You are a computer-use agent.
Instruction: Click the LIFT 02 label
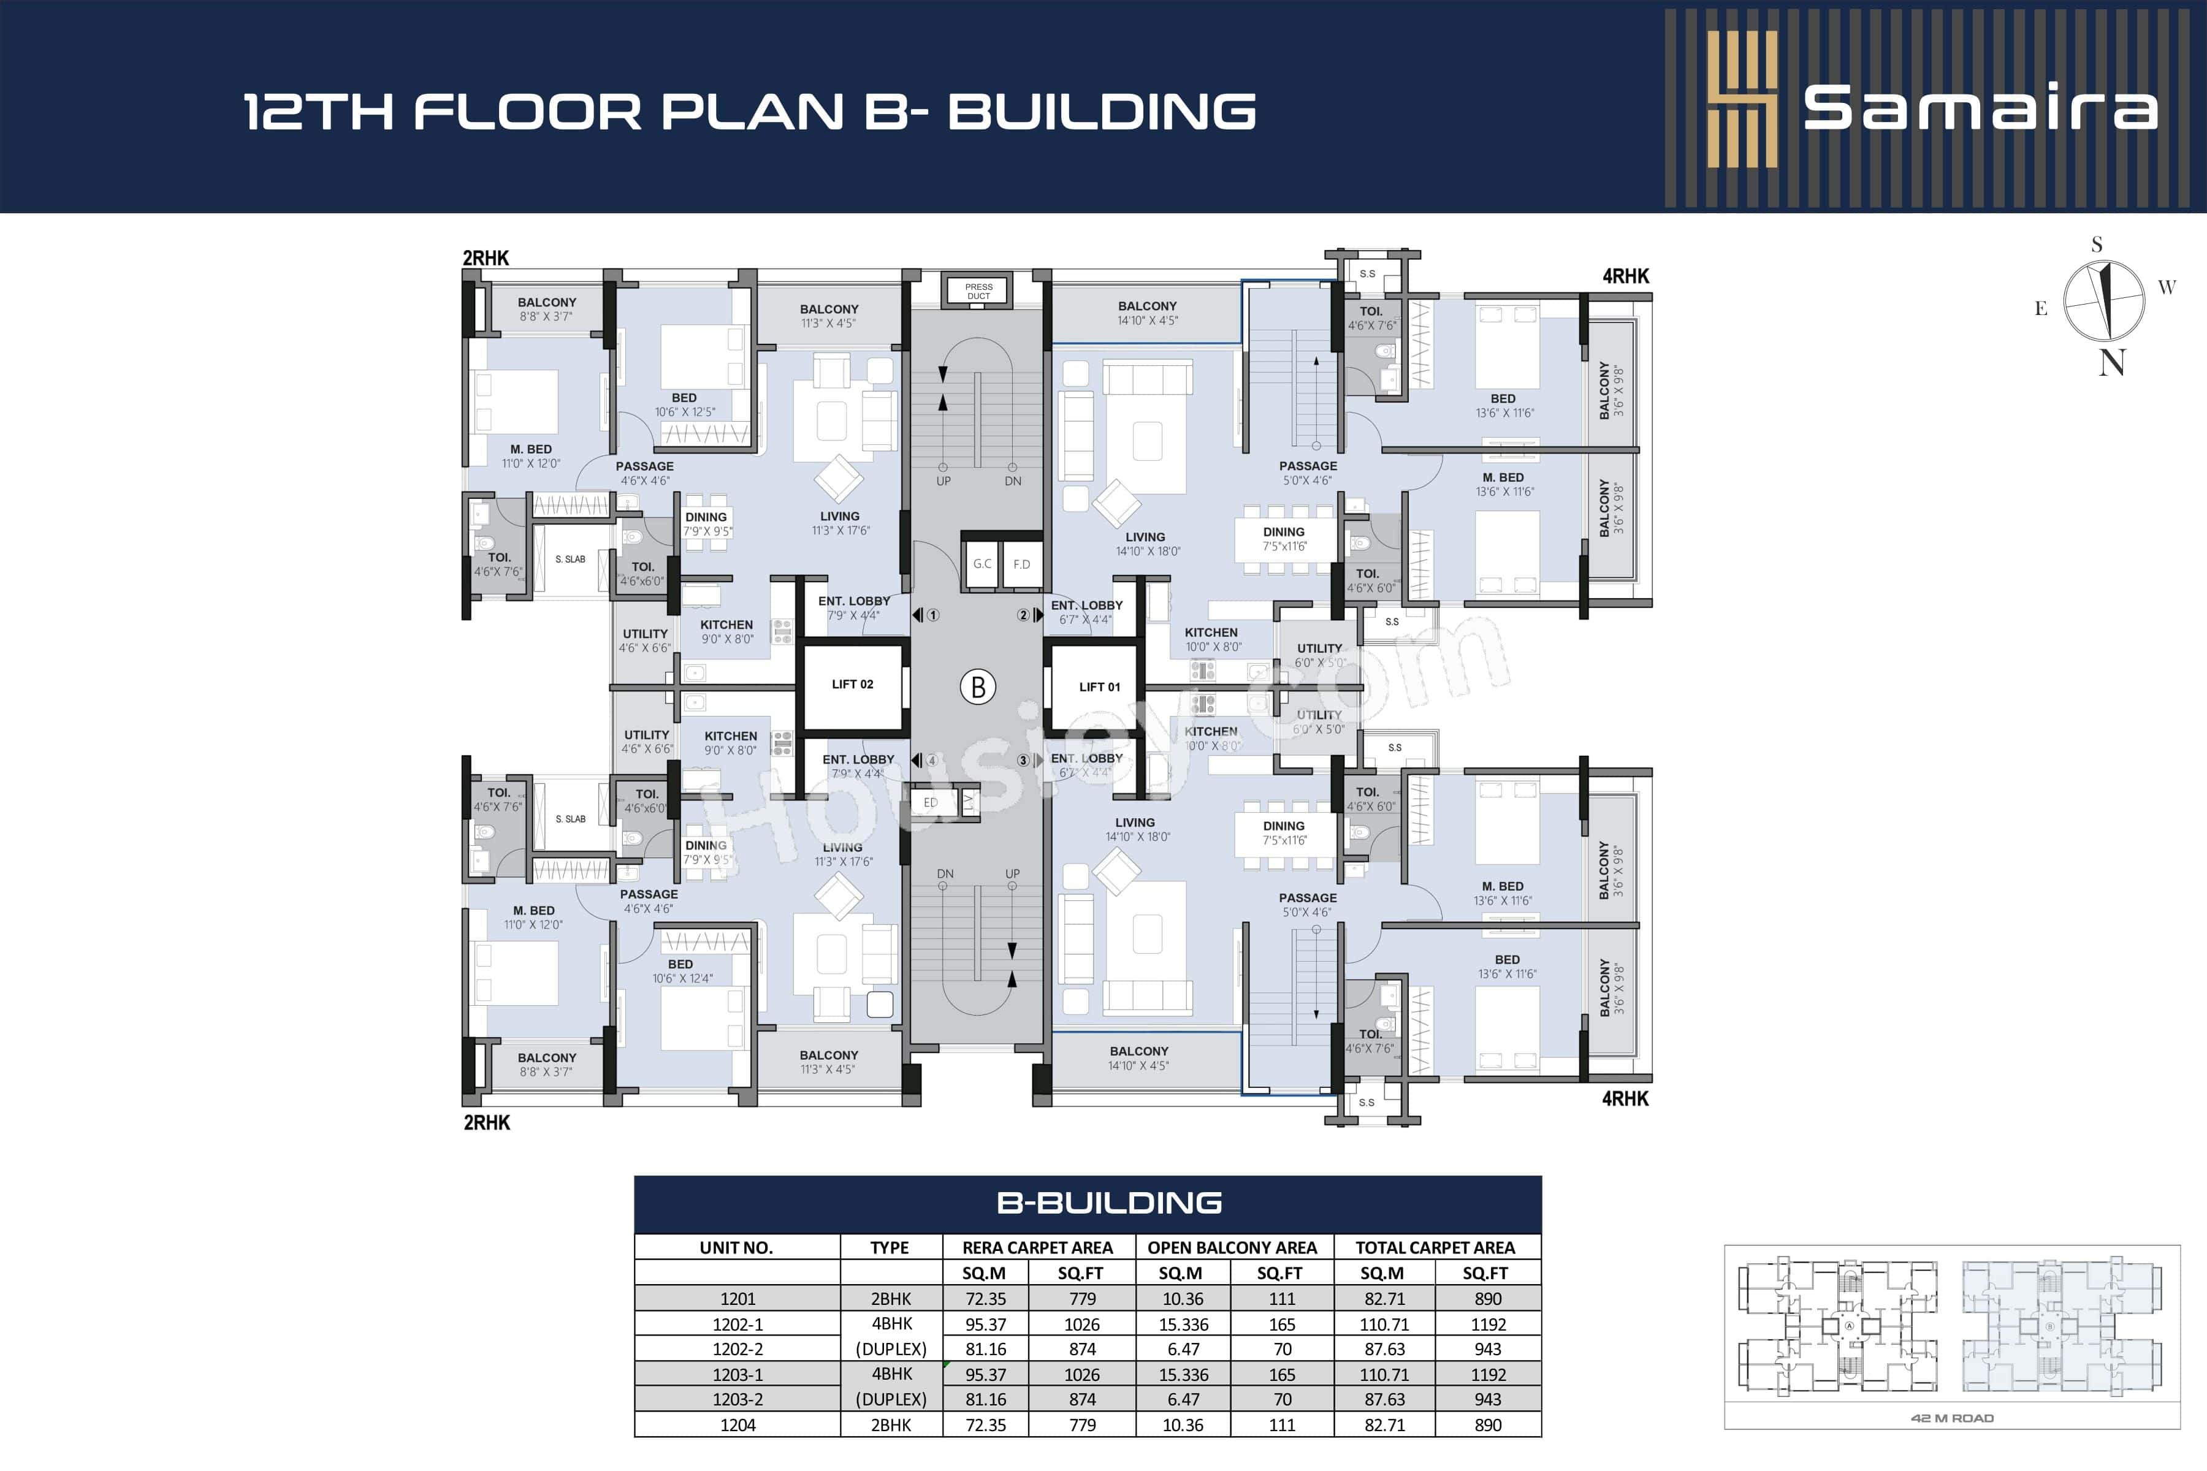pyautogui.click(x=852, y=684)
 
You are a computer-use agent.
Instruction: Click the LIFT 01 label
pyautogui.click(x=1099, y=686)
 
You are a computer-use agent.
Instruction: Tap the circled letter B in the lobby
pyautogui.click(x=978, y=686)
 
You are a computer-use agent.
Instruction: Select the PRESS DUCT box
pyautogui.click(x=978, y=291)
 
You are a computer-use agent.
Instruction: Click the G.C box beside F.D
pyautogui.click(x=982, y=564)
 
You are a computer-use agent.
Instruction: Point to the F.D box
pyautogui.click(x=1022, y=564)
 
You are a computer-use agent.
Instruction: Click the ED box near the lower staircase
pyautogui.click(x=930, y=802)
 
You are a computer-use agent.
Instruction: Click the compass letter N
pyautogui.click(x=2111, y=363)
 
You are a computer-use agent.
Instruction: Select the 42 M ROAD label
pyautogui.click(x=1952, y=1418)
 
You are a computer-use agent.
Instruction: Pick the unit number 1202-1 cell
pyautogui.click(x=738, y=1325)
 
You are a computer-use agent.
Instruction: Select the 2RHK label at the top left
pyautogui.click(x=486, y=258)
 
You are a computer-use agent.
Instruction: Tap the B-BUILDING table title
pyautogui.click(x=1109, y=1203)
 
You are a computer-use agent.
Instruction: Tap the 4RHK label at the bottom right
pyautogui.click(x=1625, y=1098)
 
